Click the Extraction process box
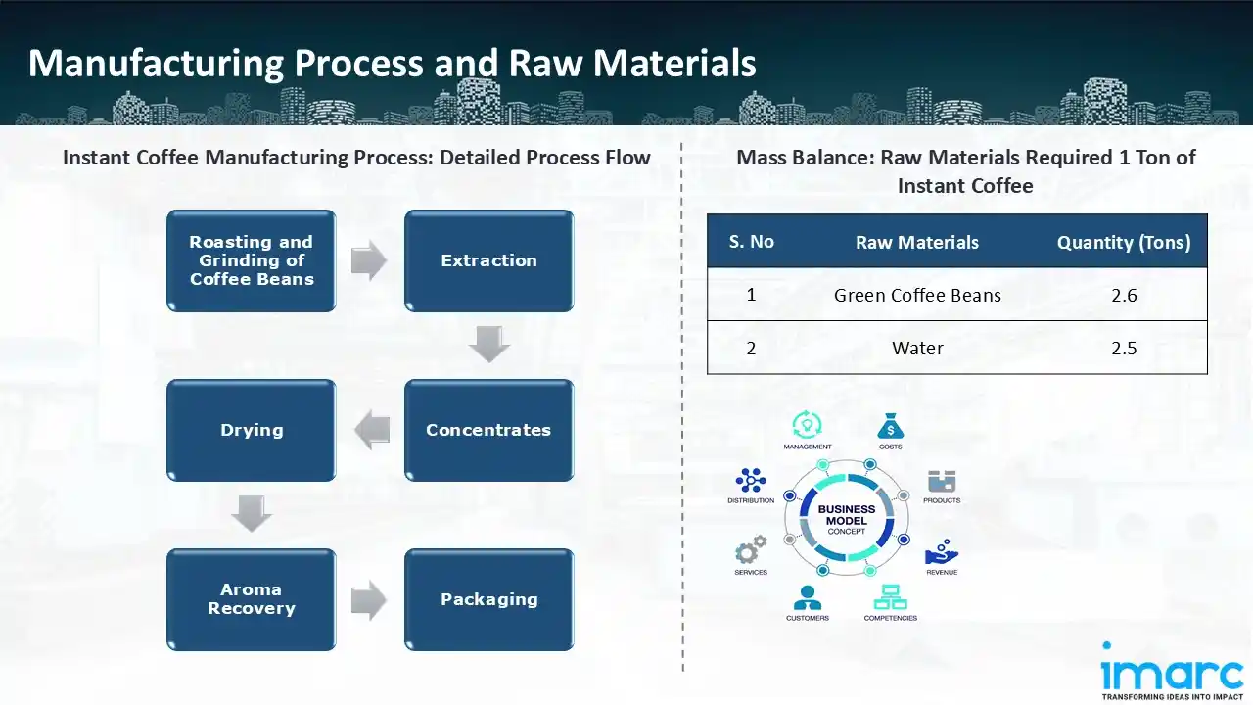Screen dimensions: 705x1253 pos(488,260)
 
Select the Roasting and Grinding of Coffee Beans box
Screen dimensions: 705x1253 pos(252,260)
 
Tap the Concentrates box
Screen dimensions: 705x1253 pos(488,430)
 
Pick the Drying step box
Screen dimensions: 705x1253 pos(252,430)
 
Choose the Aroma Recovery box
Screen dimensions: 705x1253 pos(252,599)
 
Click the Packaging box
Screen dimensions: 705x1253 pos(488,599)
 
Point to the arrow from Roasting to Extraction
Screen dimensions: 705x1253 pos(369,260)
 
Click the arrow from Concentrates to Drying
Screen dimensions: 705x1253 pos(372,431)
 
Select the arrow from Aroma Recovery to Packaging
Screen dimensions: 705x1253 pos(369,600)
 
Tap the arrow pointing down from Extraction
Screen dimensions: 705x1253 pos(488,344)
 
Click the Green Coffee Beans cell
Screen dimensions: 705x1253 pos(917,295)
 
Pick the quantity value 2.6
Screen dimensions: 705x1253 pos(1124,295)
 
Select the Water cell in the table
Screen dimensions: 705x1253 pos(917,348)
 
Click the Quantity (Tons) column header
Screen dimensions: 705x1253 pos(1124,242)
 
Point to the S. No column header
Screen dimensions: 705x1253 pos(751,242)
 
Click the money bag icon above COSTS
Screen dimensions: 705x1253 pos(890,426)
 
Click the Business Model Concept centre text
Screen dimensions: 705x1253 pos(847,519)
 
